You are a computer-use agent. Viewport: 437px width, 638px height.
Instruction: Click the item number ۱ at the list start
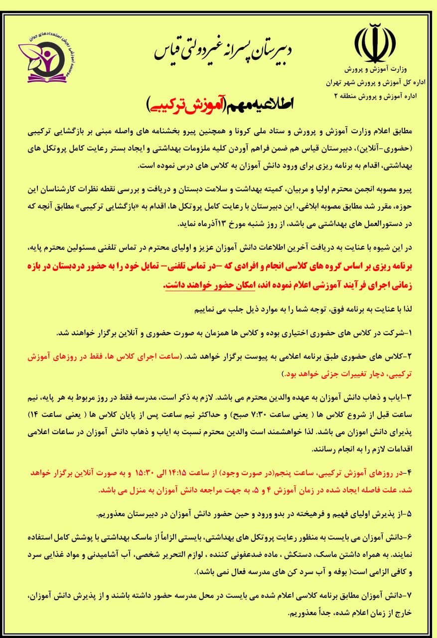[x=417, y=332]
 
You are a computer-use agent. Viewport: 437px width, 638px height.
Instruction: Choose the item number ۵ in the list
[x=417, y=513]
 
